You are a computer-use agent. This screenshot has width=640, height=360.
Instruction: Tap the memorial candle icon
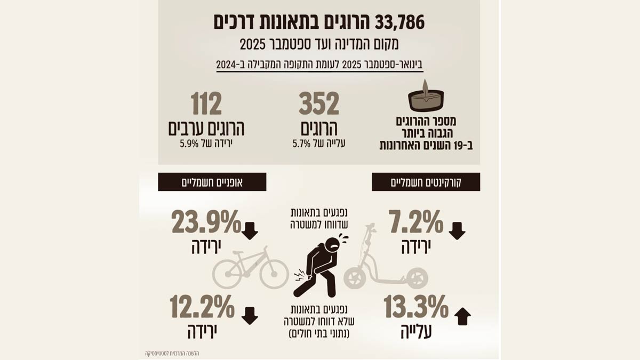click(426, 97)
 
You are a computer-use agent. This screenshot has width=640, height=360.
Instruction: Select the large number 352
click(319, 103)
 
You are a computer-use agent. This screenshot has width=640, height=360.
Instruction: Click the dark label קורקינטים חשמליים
click(426, 182)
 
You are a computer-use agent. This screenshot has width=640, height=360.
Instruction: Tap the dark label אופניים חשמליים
click(212, 182)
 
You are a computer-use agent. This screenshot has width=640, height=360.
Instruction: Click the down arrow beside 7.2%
click(457, 231)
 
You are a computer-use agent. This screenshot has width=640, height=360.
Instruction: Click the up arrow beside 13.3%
click(462, 317)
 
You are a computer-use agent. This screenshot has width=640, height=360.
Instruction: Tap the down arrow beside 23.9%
click(250, 231)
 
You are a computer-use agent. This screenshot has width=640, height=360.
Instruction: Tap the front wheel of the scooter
click(354, 278)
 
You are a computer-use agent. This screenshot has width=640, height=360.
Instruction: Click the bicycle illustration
click(250, 270)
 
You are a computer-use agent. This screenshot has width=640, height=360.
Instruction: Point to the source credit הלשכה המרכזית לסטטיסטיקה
click(172, 353)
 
